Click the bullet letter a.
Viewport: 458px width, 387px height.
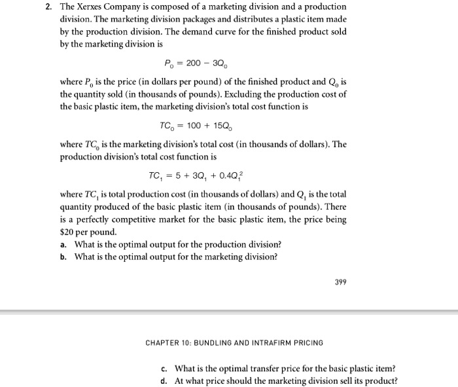click(63, 244)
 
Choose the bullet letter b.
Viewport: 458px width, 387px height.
click(63, 256)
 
